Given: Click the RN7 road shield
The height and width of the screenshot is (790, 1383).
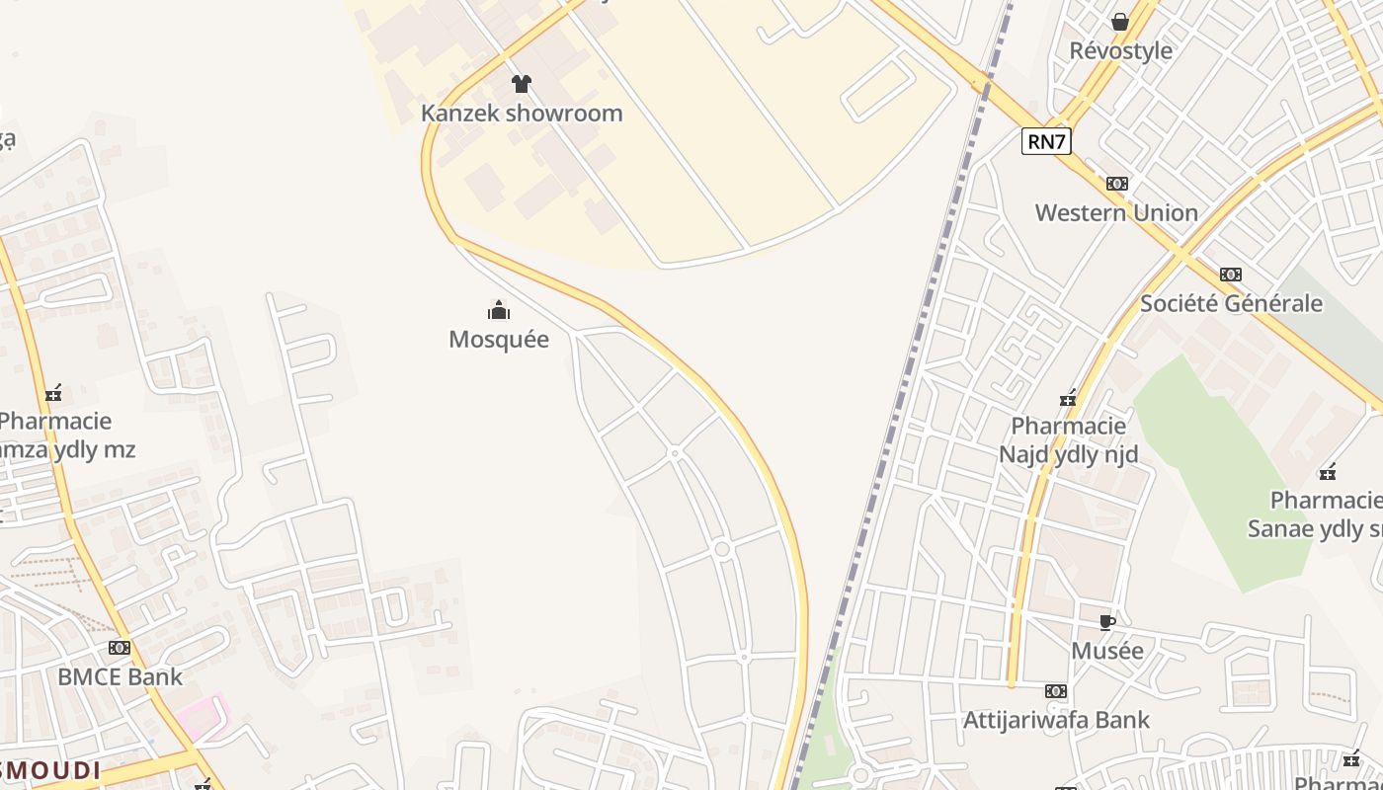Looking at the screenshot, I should (x=1046, y=141).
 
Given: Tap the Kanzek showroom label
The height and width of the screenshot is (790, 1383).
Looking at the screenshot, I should (x=522, y=113).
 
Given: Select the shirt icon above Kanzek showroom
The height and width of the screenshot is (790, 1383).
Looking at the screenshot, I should (x=522, y=84).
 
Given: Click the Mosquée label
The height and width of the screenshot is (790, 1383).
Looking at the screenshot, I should (x=499, y=339).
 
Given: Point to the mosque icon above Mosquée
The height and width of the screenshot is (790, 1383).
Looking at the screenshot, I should (x=499, y=311).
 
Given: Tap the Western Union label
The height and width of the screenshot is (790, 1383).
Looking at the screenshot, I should (x=1116, y=212).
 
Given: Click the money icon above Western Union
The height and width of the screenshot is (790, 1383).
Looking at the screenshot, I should (x=1117, y=184).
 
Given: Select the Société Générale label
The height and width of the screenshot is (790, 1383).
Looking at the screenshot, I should (x=1231, y=303).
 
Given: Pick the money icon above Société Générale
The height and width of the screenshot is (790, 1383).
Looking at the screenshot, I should (x=1231, y=275).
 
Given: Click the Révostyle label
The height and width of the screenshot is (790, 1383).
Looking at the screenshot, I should (x=1121, y=50).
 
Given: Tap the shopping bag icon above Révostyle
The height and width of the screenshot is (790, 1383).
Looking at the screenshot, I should (x=1120, y=22).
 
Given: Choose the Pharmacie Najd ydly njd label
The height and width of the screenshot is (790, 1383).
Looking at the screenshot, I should (x=1069, y=439).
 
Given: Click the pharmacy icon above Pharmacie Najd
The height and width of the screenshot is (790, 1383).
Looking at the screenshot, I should (x=1068, y=398).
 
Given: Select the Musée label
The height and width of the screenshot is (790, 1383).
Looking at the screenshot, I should (x=1107, y=651).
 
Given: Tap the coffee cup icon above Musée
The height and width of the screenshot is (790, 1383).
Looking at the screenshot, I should (x=1107, y=622).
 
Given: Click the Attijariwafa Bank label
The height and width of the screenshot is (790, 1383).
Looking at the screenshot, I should (x=1056, y=720).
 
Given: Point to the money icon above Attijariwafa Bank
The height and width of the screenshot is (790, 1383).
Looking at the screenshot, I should (x=1056, y=691).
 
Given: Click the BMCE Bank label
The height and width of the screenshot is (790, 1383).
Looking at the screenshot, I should (x=120, y=677).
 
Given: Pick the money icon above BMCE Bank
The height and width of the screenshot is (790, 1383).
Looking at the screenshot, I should (x=120, y=648).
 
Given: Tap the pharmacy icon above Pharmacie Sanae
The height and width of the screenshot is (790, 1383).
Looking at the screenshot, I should (x=1329, y=472).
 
